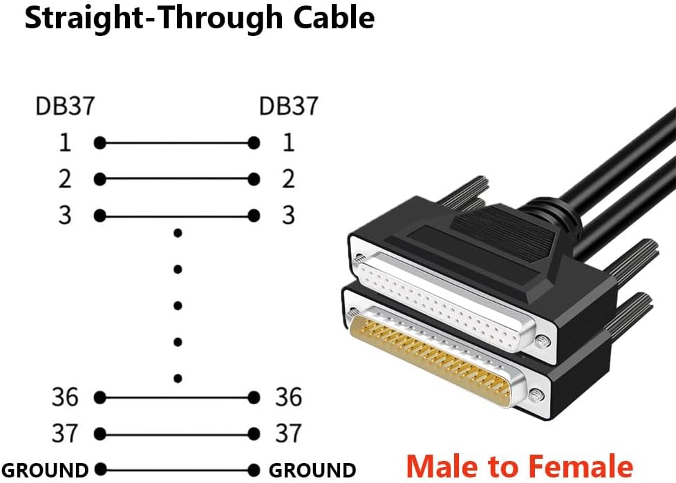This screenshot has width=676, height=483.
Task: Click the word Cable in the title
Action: [x=334, y=18]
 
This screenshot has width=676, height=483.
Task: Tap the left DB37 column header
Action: [x=65, y=106]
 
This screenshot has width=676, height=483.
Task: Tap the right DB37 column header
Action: [x=288, y=106]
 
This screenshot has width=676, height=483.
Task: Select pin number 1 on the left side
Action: [x=65, y=142]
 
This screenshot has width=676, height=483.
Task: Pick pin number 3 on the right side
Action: [x=288, y=215]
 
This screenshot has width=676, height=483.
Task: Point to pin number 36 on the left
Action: [x=65, y=397]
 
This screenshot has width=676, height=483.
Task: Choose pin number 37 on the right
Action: [x=288, y=433]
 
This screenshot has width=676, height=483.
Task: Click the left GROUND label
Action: [x=45, y=470]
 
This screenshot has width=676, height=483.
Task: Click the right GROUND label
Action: [x=312, y=470]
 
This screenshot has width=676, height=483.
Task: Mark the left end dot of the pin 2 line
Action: [x=100, y=179]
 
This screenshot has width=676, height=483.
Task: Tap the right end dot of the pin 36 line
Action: [x=254, y=397]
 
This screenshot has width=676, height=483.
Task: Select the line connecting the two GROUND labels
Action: [x=177, y=470]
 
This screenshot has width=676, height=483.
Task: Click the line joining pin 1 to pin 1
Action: [x=177, y=142]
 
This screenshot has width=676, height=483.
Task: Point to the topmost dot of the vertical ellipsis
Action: [x=178, y=233]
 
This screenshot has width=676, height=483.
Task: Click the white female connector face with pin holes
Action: [x=444, y=301]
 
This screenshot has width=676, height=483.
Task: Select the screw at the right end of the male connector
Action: [x=536, y=395]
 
